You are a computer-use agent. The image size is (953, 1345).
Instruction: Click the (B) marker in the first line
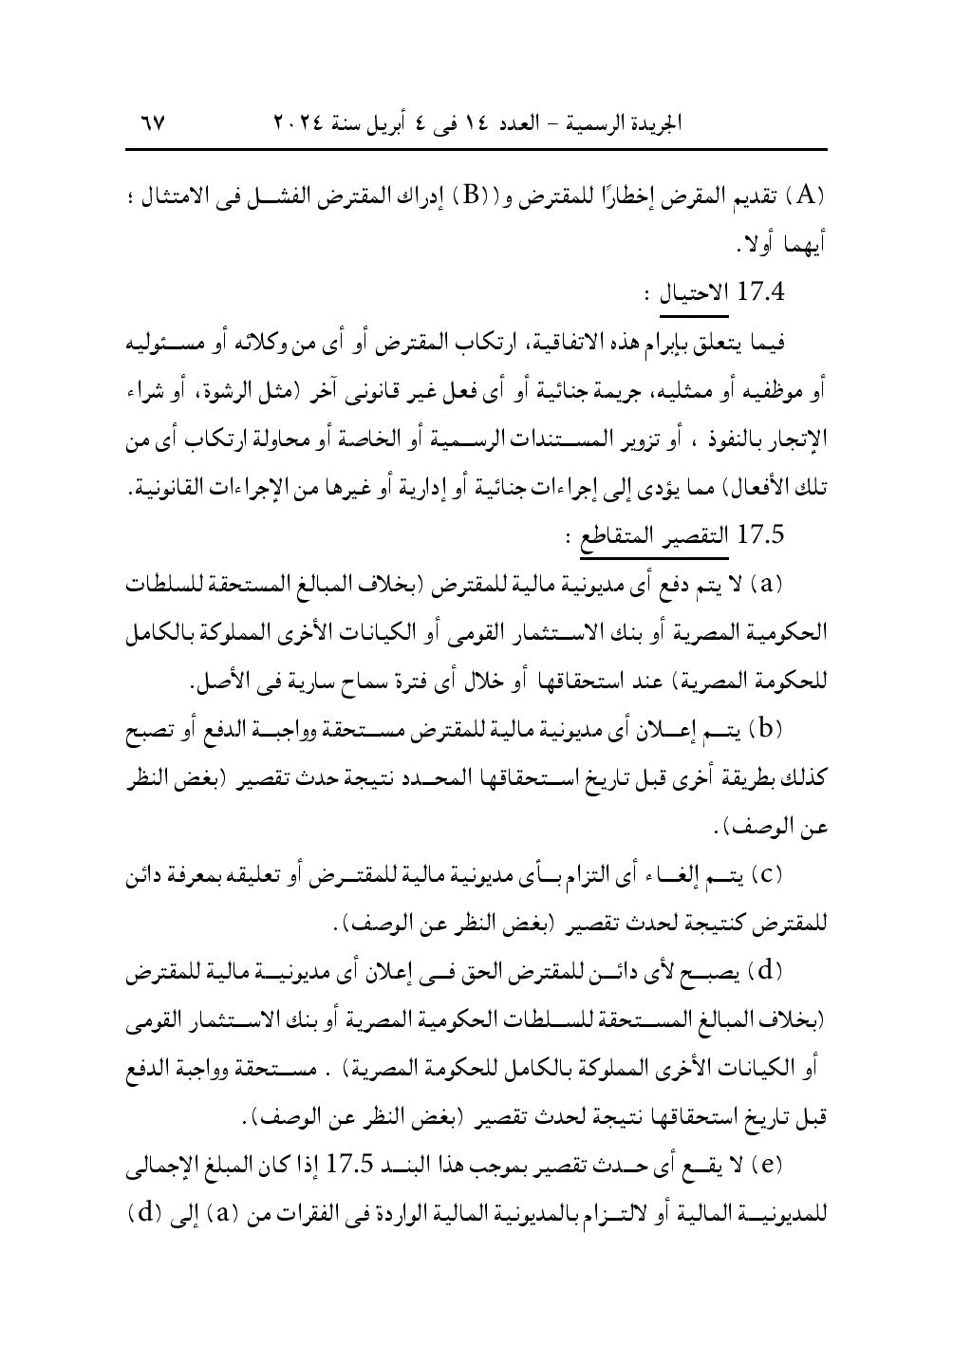[x=470, y=196]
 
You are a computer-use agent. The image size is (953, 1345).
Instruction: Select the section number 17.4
[x=759, y=290]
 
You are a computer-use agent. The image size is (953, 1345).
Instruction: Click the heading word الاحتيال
[x=693, y=290]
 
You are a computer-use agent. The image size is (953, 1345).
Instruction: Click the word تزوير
[x=631, y=439]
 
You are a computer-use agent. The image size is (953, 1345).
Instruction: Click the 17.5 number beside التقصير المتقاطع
[x=759, y=536]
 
